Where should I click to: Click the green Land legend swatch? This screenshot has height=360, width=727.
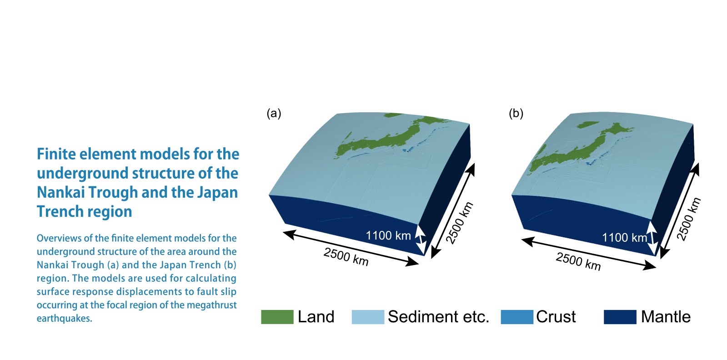coord(277,317)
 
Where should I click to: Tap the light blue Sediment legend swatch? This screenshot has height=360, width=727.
coord(368,317)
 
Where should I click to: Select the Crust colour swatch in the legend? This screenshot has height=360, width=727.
coord(517,317)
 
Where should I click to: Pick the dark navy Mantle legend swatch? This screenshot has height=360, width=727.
coord(620,317)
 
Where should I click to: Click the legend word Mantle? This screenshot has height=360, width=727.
coord(666,317)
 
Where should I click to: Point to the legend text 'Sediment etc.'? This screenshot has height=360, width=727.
coord(438,317)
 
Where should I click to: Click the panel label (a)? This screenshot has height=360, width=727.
coord(274,113)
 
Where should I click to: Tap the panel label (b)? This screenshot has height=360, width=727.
coord(516,113)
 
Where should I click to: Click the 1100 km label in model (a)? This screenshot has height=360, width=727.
coord(388,235)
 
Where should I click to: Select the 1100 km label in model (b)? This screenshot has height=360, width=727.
coord(624,238)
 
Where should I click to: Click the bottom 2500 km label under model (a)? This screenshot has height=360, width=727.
coord(346,256)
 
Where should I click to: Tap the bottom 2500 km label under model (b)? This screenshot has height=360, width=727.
coord(578,261)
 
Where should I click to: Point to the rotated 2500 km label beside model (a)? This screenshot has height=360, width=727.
coord(460,222)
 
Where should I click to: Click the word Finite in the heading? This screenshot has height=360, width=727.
coord(56,154)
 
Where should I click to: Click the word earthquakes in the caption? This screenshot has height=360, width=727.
coord(64,319)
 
